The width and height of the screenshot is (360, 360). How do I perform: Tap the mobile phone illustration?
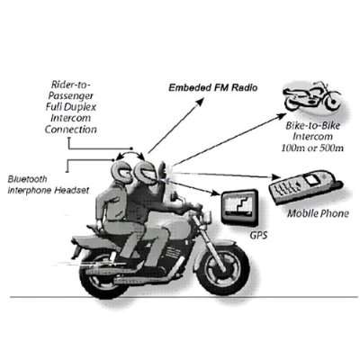[305, 187]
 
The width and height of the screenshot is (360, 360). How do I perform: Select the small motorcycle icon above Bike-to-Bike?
[312, 95]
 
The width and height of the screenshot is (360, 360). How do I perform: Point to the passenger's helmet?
[121, 171]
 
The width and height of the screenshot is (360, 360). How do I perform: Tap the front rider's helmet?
[146, 171]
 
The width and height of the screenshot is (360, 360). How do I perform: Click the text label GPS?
[258, 235]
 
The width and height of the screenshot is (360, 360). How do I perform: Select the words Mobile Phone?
[318, 213]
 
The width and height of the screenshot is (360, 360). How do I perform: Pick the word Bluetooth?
[27, 179]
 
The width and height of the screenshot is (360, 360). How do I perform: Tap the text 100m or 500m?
[312, 148]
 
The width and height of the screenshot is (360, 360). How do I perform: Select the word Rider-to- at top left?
[71, 85]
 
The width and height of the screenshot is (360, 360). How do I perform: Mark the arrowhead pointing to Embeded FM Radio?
[201, 102]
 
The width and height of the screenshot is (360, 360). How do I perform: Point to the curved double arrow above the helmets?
[130, 154]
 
